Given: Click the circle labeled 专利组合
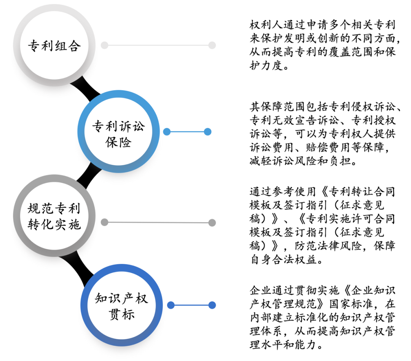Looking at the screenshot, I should click(54, 46).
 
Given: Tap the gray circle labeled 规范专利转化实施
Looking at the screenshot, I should click(54, 216).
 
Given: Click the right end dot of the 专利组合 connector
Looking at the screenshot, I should click(212, 45).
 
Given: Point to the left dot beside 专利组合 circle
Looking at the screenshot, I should click(104, 46).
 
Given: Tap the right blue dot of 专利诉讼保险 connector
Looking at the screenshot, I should click(207, 132).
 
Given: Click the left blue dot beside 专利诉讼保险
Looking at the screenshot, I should click(167, 132).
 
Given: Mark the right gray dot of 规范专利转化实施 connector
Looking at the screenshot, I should click(212, 222).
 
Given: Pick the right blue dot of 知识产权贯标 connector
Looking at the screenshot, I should click(212, 305).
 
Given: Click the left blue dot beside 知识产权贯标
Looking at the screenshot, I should click(171, 305).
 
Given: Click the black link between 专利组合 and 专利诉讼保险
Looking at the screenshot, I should click(86, 88).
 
